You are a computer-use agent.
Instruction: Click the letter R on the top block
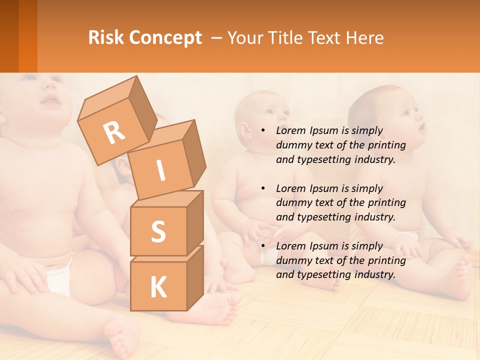click(114, 132)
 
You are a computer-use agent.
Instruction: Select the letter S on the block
click(158, 231)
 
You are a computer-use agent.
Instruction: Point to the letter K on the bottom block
click(158, 288)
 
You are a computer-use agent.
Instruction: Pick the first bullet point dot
click(263, 130)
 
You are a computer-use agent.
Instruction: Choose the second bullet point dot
click(263, 188)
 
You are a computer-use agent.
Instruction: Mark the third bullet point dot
click(263, 246)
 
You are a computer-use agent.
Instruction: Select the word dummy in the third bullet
click(292, 260)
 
